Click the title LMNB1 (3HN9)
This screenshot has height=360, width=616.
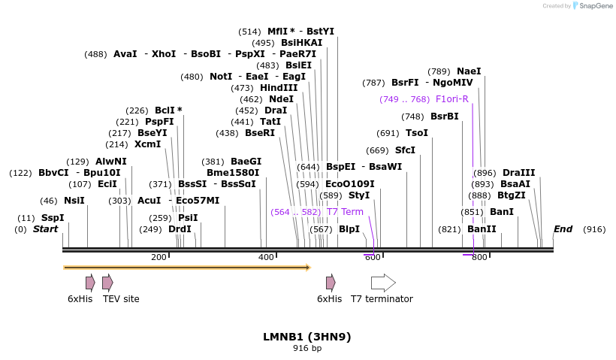pos(306,337)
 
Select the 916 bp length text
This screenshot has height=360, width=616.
pos(306,348)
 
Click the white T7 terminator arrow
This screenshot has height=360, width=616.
pos(383,283)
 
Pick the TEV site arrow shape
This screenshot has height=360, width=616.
pos(107,283)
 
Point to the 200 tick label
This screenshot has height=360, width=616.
pos(159,258)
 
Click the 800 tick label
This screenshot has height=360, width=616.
pos(479,258)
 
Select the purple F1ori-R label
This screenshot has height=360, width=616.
pos(451,99)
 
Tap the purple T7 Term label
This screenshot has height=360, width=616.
pos(345,212)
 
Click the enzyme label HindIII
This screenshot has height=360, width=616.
pos(279,88)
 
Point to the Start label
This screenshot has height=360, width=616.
pos(45,229)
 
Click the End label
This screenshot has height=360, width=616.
pos(563,229)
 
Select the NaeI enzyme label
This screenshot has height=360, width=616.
pos(469,71)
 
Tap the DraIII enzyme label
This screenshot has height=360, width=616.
pos(518,173)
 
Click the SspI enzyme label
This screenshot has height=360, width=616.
pos(53,218)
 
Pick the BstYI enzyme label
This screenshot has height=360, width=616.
pos(320,32)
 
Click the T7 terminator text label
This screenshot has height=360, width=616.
pos(382,299)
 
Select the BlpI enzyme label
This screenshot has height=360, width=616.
pos(349,229)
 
